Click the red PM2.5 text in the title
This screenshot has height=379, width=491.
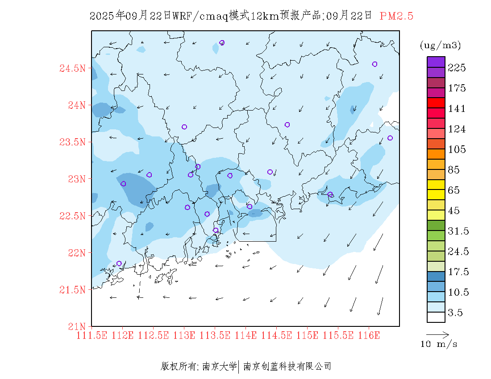pos(396,16)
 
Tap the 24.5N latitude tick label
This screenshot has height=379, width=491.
pos(72,69)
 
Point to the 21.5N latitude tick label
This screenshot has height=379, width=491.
pos(72,290)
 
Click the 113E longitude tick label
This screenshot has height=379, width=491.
pos(184,335)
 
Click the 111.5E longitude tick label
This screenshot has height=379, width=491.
pos(92,335)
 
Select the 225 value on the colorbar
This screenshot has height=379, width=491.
pos(457,68)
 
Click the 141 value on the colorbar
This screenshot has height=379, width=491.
pos(457,109)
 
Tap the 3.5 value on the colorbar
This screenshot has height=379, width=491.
pos(455,313)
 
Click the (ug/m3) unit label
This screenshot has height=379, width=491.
pos(440,45)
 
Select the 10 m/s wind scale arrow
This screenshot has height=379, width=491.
pos(437,334)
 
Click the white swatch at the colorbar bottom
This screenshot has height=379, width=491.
pos(436,317)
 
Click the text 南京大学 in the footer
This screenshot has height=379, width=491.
pos(219,367)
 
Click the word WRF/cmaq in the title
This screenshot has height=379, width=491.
pos(200,16)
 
